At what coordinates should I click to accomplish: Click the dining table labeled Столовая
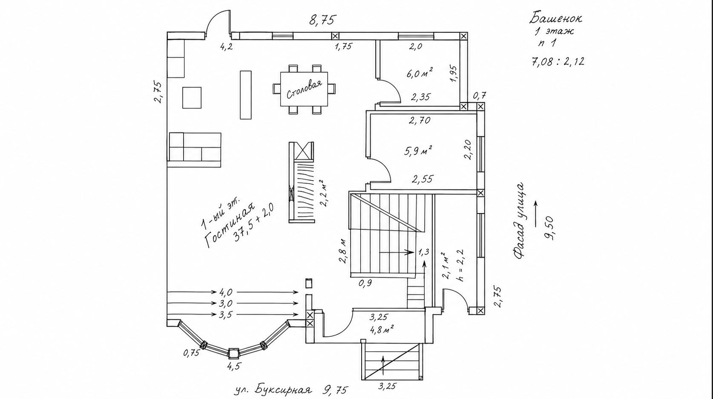tap(304, 89)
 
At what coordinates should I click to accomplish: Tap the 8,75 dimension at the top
tap(322, 20)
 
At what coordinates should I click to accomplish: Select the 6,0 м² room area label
tap(419, 73)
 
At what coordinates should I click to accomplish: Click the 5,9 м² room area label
tap(418, 150)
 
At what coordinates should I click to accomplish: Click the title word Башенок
tap(556, 18)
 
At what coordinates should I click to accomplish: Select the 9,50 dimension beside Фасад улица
tap(550, 228)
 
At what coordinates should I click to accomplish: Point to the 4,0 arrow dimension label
tap(226, 292)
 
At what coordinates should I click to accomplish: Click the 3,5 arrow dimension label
tap(226, 315)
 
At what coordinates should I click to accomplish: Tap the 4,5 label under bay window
tap(233, 367)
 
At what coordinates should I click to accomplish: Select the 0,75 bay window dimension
tap(192, 353)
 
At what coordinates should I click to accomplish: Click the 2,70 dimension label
tap(420, 120)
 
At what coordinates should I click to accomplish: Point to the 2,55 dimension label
tap(423, 179)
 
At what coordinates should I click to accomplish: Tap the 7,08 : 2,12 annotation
tap(558, 61)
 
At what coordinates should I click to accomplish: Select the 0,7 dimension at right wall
tap(480, 95)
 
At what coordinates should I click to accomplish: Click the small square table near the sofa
tap(192, 98)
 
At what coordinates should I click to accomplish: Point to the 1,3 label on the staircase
tap(424, 252)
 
